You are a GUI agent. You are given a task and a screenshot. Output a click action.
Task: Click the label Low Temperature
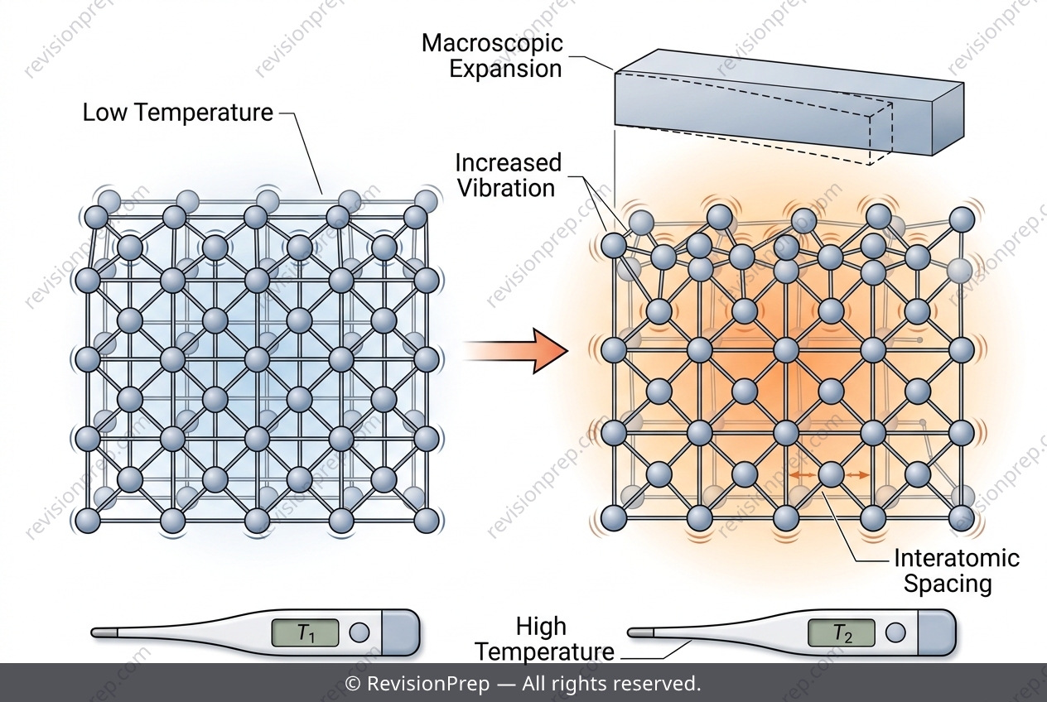(177, 113)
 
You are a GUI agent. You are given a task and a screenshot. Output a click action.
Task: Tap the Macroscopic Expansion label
(493, 56)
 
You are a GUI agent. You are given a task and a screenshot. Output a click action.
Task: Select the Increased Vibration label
(508, 175)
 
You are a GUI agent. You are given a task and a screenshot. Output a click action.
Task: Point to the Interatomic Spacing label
(957, 570)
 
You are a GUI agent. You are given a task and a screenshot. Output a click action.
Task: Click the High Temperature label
(544, 639)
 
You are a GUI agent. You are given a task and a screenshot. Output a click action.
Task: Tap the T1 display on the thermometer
(305, 632)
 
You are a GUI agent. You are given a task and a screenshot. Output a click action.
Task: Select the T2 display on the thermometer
(842, 632)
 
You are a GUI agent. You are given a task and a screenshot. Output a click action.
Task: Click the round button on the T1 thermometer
(359, 632)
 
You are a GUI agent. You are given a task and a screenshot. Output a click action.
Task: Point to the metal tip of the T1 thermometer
(104, 632)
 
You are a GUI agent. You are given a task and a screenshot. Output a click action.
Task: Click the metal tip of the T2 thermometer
(640, 632)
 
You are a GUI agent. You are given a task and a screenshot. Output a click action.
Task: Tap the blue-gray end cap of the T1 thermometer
(401, 632)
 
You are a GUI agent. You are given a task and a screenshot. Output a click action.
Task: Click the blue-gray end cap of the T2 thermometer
(937, 632)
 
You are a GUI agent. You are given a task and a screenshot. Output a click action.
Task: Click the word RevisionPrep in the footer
(428, 684)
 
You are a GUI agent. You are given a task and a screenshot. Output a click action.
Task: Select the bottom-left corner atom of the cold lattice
(88, 520)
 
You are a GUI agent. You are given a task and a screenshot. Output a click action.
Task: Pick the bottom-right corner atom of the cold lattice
(426, 520)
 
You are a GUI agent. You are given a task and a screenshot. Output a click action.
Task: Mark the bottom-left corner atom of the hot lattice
(613, 518)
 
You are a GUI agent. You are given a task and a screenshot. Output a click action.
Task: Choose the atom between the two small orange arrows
(831, 474)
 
